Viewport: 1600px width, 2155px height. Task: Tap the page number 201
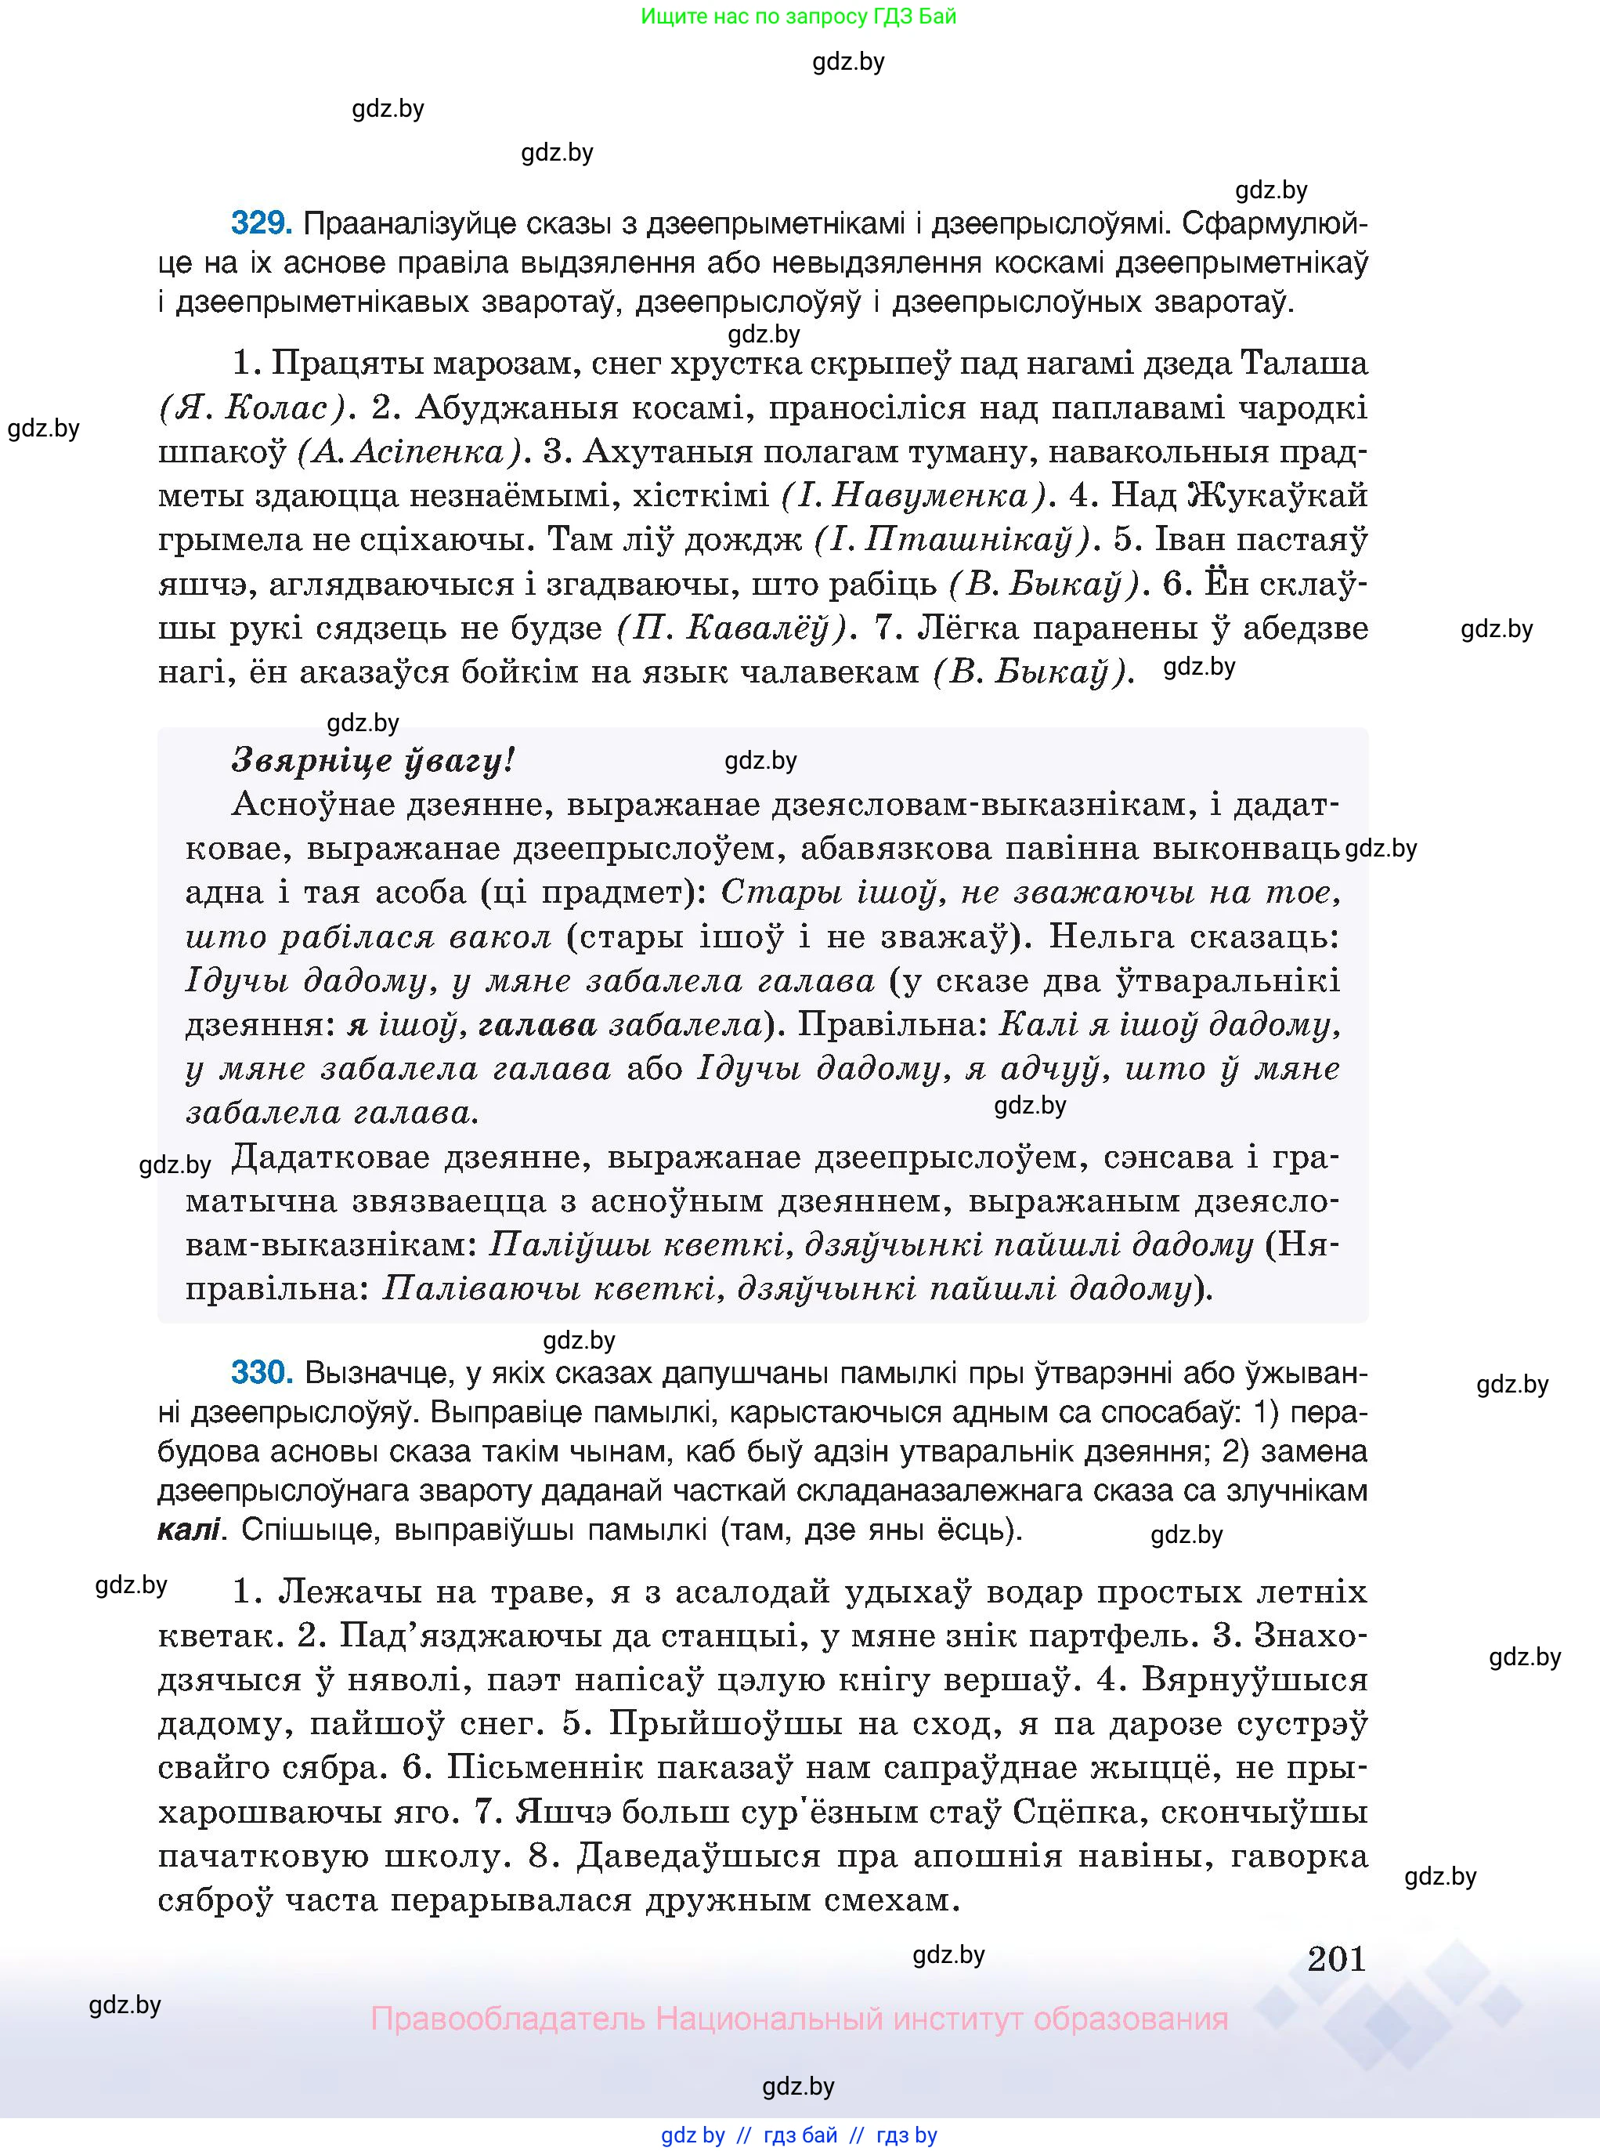(x=1335, y=1958)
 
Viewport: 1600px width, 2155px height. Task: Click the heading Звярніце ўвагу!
(x=373, y=761)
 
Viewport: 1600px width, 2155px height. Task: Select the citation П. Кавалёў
(x=736, y=628)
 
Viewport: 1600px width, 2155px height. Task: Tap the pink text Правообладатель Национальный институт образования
(x=799, y=2019)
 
